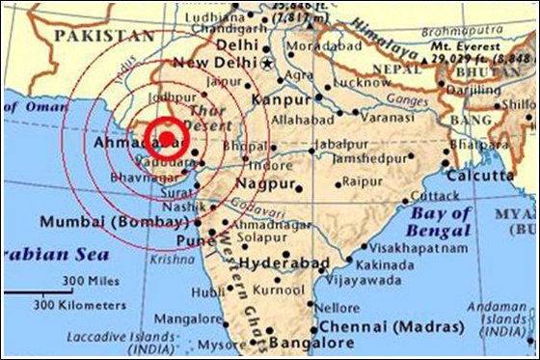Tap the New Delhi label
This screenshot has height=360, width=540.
coord(217,63)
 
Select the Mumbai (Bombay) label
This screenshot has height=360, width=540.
coord(113,222)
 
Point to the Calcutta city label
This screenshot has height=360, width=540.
coord(479,176)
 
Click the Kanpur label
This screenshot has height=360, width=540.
coord(283,99)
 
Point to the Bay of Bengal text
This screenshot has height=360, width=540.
coord(441,221)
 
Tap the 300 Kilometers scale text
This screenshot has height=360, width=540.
coord(82,303)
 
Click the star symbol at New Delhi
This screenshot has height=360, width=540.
coord(268,64)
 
